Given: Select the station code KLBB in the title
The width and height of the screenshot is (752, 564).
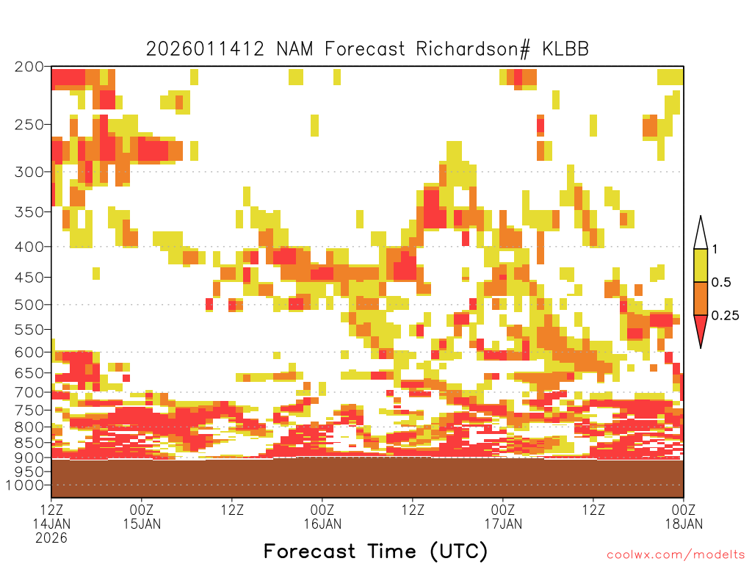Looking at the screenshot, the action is pyautogui.click(x=565, y=49).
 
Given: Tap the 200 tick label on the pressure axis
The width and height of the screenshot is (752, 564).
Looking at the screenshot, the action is pyautogui.click(x=29, y=67).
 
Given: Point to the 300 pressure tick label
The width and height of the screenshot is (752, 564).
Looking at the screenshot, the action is pyautogui.click(x=29, y=172).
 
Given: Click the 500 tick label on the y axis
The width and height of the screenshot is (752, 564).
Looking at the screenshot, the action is pyautogui.click(x=29, y=305).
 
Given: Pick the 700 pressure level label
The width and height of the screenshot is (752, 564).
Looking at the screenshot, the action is pyautogui.click(x=29, y=392).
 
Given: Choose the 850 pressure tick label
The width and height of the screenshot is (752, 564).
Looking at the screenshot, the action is pyautogui.click(x=29, y=442).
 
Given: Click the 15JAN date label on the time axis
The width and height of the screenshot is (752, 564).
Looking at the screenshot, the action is pyautogui.click(x=142, y=524).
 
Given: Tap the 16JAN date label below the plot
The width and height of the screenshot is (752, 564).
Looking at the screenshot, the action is pyautogui.click(x=322, y=524).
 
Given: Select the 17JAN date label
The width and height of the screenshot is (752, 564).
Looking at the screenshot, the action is pyautogui.click(x=503, y=524).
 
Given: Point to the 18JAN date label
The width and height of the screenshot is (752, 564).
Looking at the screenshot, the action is pyautogui.click(x=684, y=524).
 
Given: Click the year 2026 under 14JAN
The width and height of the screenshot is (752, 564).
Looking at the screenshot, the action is pyautogui.click(x=51, y=538).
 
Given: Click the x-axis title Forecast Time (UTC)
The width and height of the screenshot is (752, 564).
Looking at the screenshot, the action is pyautogui.click(x=375, y=552).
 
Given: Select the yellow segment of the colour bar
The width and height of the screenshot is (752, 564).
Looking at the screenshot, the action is pyautogui.click(x=701, y=265).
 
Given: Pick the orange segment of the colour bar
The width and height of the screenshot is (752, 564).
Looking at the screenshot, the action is pyautogui.click(x=701, y=298).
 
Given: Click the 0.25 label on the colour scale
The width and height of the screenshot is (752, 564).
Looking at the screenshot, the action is pyautogui.click(x=725, y=315).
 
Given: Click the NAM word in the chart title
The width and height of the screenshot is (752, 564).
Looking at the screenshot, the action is pyautogui.click(x=294, y=49).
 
